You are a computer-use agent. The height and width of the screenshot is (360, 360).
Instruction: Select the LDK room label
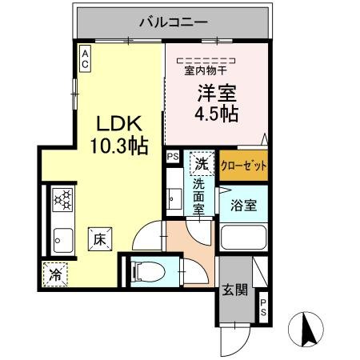[x=119, y=125]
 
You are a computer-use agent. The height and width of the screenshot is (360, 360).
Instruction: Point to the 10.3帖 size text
[x=119, y=146]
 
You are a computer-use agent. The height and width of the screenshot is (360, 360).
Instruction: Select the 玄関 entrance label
[x=234, y=289]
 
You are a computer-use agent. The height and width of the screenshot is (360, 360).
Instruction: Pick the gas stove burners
[x=62, y=199]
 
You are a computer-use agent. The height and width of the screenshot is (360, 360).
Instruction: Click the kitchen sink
[x=62, y=237]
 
